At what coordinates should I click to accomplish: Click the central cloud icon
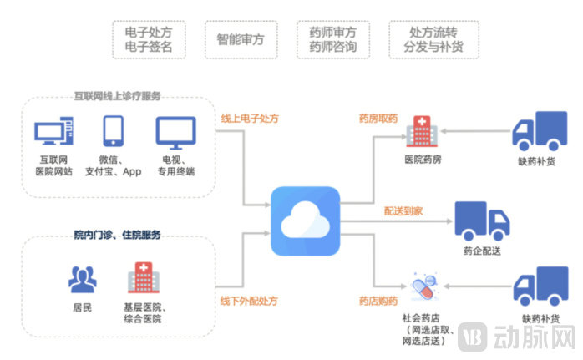click(x=305, y=221)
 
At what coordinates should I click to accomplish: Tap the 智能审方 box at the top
click(x=241, y=39)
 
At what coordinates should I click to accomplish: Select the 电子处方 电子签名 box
click(x=149, y=39)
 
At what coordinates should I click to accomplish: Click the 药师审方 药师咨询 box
click(x=332, y=39)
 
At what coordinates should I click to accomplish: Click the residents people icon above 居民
click(x=82, y=279)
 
